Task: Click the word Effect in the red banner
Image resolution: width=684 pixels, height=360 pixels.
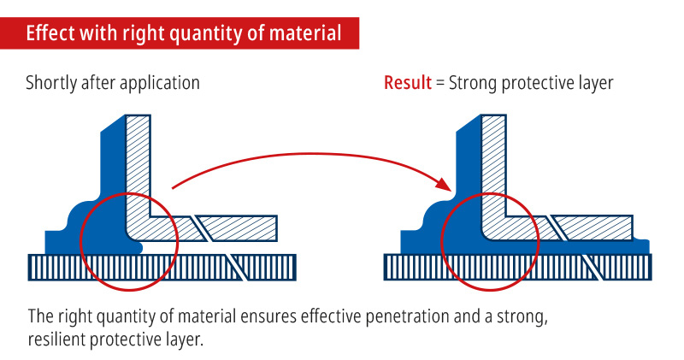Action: tap(44, 33)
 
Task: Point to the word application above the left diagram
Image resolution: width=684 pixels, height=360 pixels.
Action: tap(159, 84)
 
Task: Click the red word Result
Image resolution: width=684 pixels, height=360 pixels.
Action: tap(408, 82)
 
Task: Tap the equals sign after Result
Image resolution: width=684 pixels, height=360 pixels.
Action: tap(440, 83)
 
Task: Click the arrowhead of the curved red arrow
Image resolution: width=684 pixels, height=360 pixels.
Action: tap(445, 184)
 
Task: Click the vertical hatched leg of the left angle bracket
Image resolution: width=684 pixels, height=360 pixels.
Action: tap(138, 166)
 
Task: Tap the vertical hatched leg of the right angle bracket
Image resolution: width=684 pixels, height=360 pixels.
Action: tap(494, 166)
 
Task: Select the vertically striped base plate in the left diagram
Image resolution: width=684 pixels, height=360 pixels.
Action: tap(162, 267)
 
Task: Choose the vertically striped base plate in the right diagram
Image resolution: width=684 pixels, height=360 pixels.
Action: tap(518, 267)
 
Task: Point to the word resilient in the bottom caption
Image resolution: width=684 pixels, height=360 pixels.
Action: tap(56, 339)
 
